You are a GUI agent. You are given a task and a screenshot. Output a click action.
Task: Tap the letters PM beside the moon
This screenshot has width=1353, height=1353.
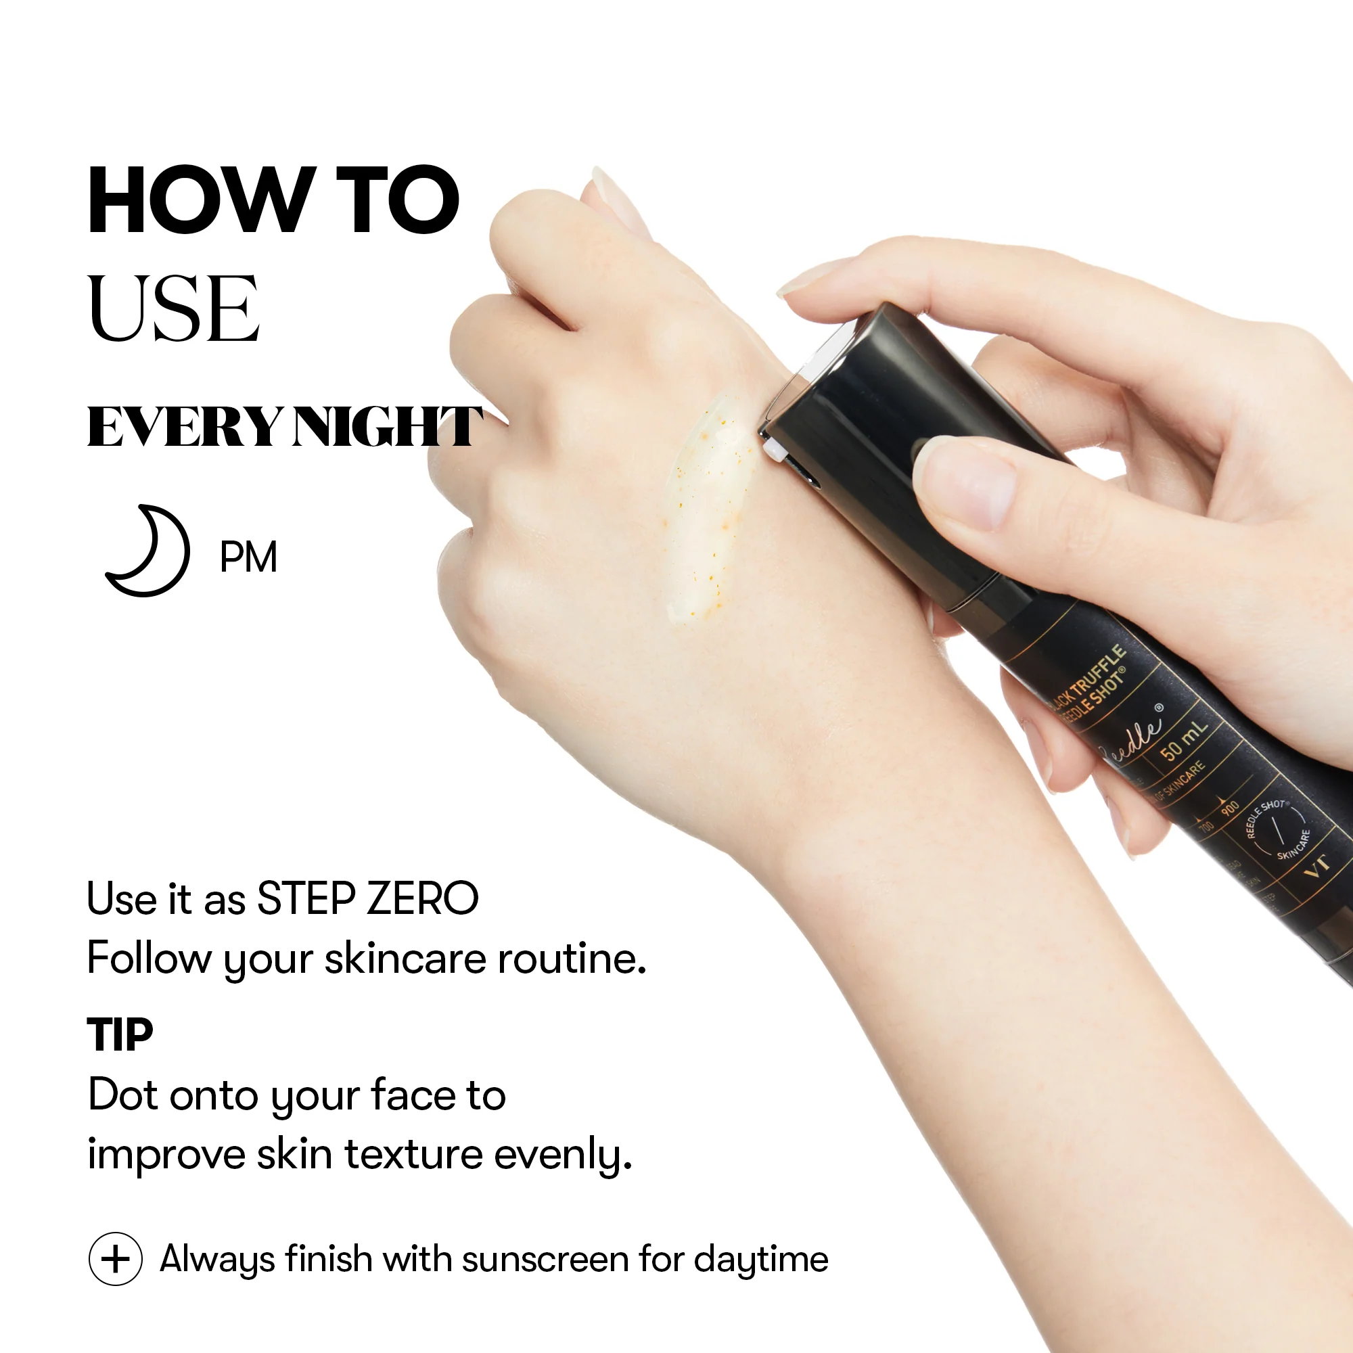coord(248,557)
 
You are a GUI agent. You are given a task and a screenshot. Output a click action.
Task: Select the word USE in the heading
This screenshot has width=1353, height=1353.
coord(173,309)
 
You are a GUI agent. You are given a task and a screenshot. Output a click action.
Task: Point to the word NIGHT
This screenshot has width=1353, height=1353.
coord(387,426)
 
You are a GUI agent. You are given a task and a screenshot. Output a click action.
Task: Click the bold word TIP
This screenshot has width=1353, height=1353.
coord(120,1035)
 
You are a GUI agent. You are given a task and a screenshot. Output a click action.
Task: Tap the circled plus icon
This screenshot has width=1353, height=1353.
coord(116,1259)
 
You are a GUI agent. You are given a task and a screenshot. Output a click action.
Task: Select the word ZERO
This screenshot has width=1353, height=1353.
coord(423,898)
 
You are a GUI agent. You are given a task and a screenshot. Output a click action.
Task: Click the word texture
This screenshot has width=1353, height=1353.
coord(413,1154)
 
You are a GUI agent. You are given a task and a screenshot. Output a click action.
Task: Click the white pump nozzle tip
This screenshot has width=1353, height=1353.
coord(773,449)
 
